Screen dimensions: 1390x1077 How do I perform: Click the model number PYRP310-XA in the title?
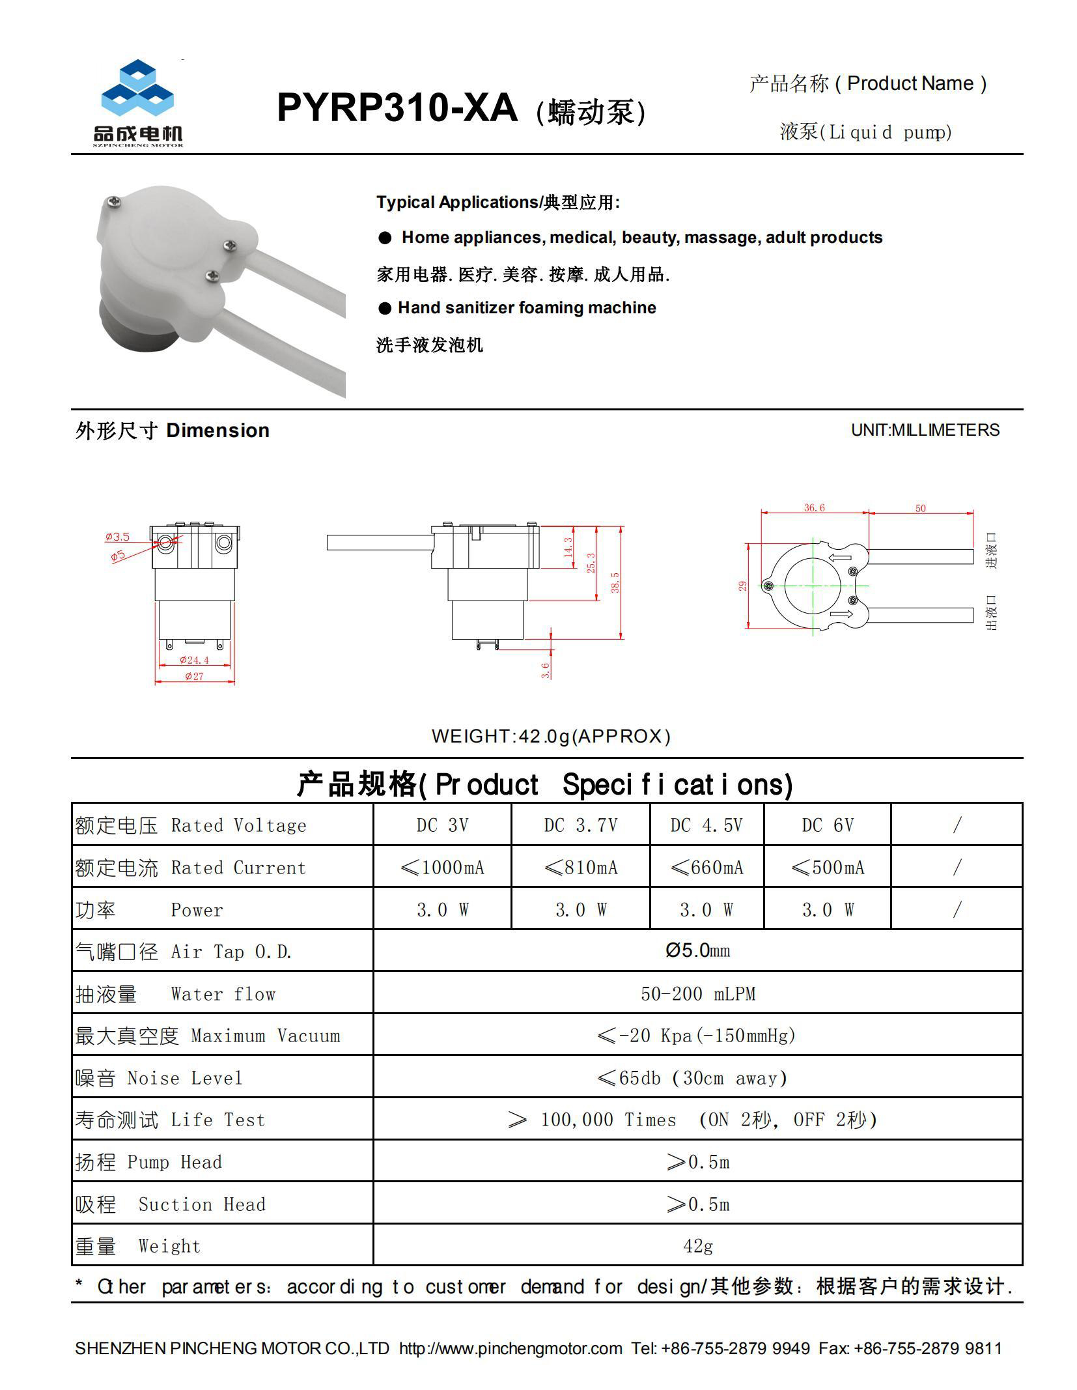click(x=397, y=107)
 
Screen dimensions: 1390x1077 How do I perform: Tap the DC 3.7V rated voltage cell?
click(x=580, y=825)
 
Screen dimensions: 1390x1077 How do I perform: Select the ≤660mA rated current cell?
click(x=706, y=868)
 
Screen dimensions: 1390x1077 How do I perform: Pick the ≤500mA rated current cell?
click(x=827, y=868)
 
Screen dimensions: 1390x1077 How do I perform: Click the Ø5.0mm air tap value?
click(x=697, y=951)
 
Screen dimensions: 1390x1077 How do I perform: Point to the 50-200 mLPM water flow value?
click(x=697, y=993)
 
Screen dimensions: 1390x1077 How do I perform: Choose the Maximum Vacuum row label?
click(x=208, y=1036)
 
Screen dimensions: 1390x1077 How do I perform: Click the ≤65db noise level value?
click(x=692, y=1078)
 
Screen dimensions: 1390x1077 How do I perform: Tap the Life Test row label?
click(x=170, y=1120)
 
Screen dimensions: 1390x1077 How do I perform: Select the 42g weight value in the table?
click(x=697, y=1246)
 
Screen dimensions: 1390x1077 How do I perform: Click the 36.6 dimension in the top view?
click(x=814, y=507)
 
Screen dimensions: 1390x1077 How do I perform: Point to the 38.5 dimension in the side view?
click(x=615, y=582)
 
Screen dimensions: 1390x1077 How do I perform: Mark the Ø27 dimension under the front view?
click(x=194, y=676)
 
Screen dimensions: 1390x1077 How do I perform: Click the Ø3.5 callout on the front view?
click(x=118, y=537)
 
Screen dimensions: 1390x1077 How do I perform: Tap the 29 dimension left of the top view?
click(x=743, y=586)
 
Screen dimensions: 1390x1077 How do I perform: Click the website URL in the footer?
click(x=510, y=1348)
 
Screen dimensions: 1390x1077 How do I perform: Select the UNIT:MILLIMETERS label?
click(x=925, y=430)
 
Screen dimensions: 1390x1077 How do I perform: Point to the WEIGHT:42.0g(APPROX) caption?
click(x=550, y=736)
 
